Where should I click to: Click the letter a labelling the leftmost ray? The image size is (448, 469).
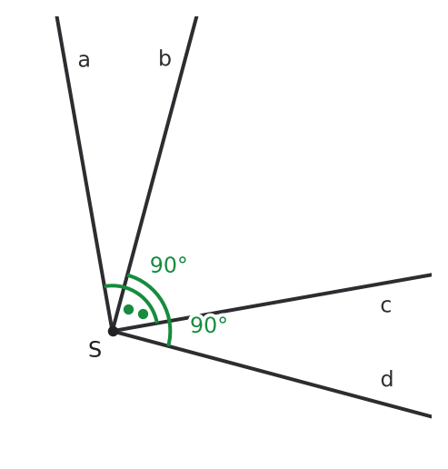click(84, 60)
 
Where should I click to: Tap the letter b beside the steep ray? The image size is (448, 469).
click(165, 58)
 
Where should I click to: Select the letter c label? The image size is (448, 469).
click(386, 305)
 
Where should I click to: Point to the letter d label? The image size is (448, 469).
click(387, 378)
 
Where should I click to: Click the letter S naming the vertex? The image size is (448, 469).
click(95, 349)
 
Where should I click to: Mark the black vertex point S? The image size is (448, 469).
click(113, 331)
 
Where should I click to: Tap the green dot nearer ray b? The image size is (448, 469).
click(128, 309)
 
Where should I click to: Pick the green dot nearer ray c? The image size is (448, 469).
click(143, 314)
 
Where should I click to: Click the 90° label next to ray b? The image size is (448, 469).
click(168, 264)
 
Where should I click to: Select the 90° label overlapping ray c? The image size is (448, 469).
click(209, 324)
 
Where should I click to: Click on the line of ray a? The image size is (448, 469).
click(85, 174)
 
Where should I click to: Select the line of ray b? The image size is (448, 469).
click(154, 174)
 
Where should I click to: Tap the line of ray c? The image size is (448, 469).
click(272, 303)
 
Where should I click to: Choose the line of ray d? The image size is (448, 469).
click(272, 374)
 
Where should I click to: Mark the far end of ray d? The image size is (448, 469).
click(431, 416)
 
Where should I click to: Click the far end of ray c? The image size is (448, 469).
click(431, 274)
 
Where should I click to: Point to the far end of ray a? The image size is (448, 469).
click(56, 17)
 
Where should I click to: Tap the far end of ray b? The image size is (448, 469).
click(196, 17)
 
